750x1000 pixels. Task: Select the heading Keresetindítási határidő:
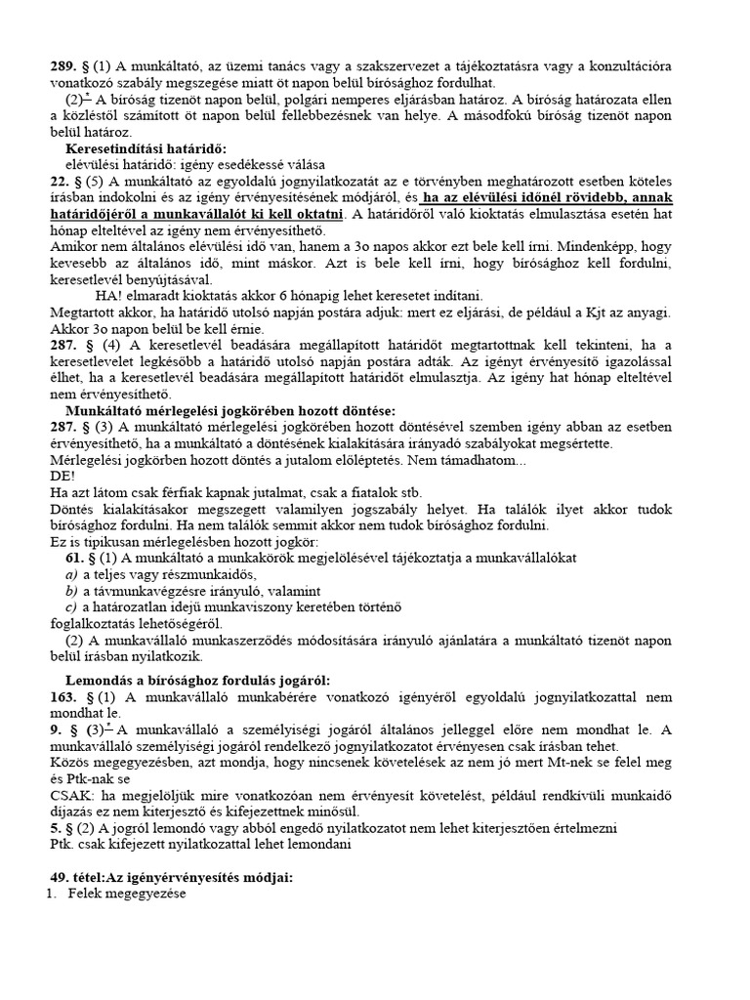click(x=146, y=147)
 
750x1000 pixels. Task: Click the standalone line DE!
click(x=61, y=476)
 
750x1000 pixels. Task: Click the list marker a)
click(x=72, y=574)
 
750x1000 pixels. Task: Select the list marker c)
click(x=71, y=607)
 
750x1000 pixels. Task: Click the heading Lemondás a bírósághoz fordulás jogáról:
click(x=197, y=680)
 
